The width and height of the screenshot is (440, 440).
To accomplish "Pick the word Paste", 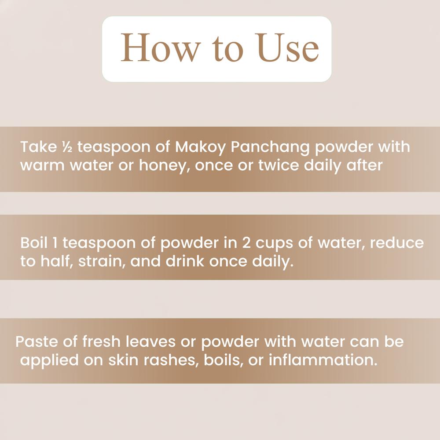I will tap(36, 341).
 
